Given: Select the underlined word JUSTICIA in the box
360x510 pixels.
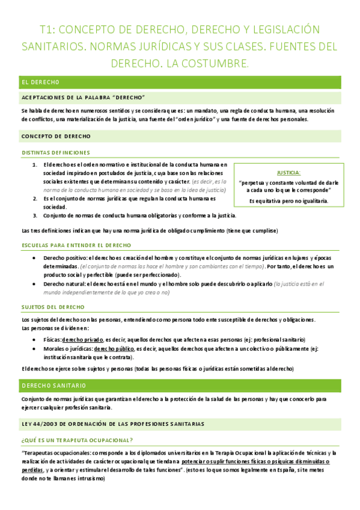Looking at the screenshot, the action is coord(288,172).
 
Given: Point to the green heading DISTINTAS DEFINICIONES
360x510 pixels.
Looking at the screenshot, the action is coord(55,153).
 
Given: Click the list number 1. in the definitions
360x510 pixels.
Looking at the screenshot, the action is coord(35,164).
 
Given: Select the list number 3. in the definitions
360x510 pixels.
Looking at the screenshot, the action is coord(35,215).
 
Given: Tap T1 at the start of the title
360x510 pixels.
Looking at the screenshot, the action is coord(47,29).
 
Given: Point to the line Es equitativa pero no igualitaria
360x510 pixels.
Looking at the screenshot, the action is coord(288,200).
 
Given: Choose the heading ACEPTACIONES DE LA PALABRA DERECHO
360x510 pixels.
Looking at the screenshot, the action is coord(84,97).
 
